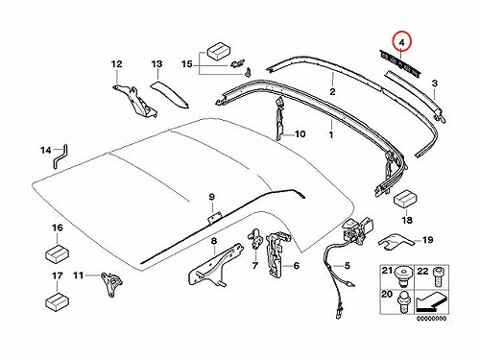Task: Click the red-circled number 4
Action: coord(402,42)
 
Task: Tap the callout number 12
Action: coord(117,64)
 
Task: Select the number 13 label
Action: coord(156,64)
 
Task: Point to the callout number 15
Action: coord(187,64)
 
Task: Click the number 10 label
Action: coord(300,133)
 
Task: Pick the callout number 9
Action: coord(212,197)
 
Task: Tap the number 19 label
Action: coord(428,240)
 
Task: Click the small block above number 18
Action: coord(404,198)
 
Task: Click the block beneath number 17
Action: coord(58,300)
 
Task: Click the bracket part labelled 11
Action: coord(112,284)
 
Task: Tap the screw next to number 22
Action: coord(438,277)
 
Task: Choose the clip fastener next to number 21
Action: coord(403,277)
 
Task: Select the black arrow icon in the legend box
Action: coord(430,302)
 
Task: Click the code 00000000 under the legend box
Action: coord(432,319)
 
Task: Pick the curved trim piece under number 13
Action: coord(170,94)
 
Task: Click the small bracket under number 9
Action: coord(214,219)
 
